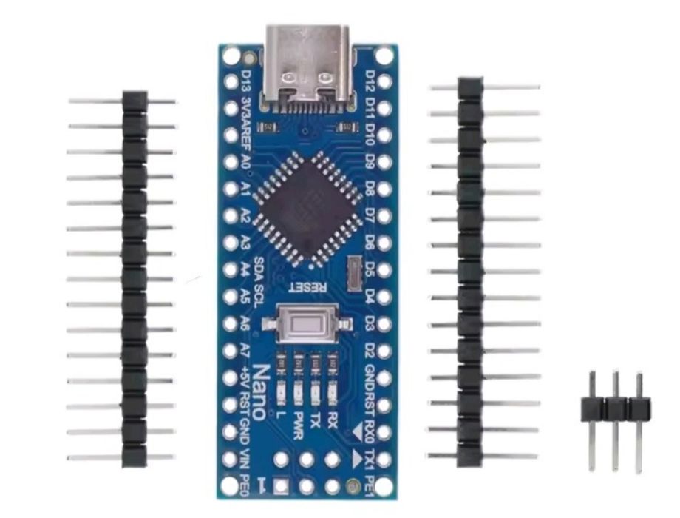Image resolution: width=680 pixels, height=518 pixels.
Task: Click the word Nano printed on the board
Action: point(259,392)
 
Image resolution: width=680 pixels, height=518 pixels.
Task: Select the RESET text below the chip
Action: point(307,286)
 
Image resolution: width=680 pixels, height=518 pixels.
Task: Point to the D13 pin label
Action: point(245,81)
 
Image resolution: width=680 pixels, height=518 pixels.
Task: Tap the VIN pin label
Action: point(245,459)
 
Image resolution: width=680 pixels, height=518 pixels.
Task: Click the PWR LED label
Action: point(298,425)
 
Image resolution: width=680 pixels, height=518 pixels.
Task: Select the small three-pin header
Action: point(616,420)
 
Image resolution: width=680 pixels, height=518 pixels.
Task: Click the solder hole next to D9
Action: point(384,162)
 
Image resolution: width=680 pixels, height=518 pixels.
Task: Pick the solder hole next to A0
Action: point(231,162)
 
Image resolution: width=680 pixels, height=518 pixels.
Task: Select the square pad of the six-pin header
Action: point(281,486)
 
